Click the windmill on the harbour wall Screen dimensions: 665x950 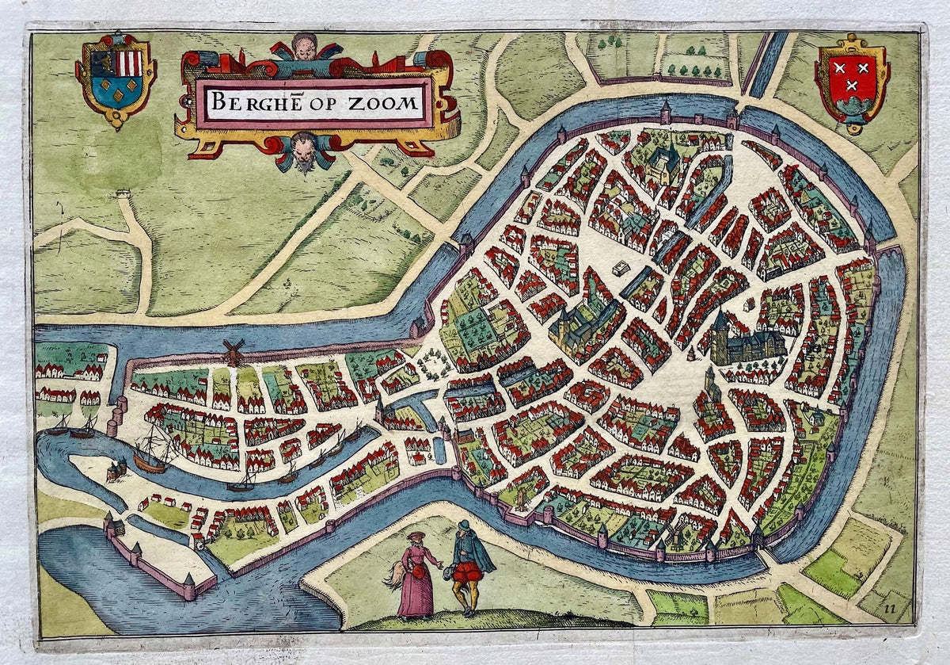233,350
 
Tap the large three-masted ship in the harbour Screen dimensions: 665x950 152,452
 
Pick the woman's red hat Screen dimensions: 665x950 415,537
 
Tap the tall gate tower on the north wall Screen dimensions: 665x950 664,111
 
